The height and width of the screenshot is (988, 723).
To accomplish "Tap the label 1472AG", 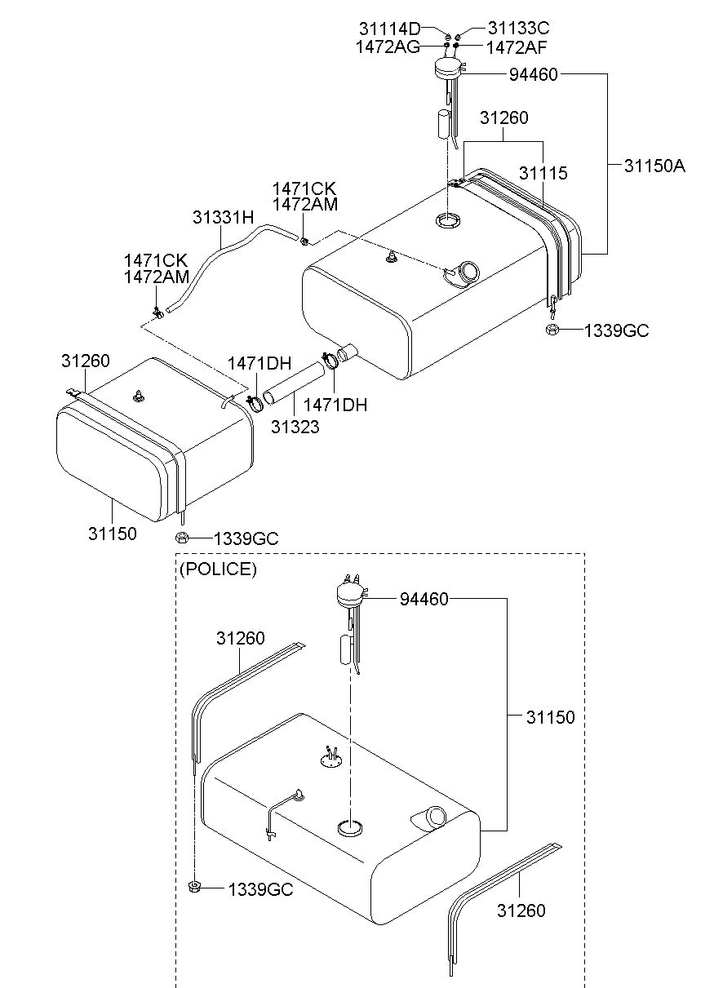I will tap(388, 47).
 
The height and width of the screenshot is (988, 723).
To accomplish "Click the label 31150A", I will tap(654, 166).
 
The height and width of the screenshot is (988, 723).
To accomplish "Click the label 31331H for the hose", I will tap(224, 218).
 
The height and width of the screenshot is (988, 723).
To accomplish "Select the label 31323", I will tap(295, 426).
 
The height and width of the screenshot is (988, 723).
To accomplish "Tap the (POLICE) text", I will tap(218, 569).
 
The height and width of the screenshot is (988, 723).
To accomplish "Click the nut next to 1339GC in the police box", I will tap(195, 888).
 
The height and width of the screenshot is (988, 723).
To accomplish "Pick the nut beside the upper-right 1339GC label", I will tap(551, 330).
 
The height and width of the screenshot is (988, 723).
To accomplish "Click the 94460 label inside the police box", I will tap(424, 600).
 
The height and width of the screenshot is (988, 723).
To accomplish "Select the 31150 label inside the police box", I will tap(550, 718).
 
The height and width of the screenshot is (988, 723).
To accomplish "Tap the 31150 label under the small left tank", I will tap(113, 534).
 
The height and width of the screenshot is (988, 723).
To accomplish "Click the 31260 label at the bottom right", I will tap(521, 910).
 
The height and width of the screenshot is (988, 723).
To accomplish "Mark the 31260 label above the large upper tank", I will tap(503, 118).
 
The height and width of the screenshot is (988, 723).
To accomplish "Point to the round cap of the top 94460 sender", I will tap(446, 69).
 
